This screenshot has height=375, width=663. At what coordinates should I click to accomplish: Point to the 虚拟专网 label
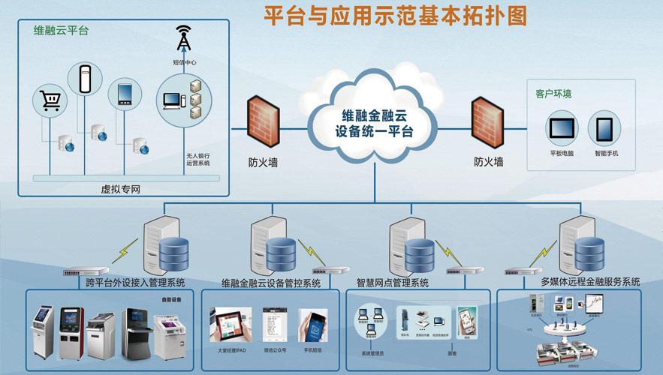[120, 189]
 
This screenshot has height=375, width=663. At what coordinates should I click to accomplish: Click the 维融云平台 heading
[61, 31]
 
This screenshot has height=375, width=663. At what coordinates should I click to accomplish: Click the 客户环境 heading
[553, 94]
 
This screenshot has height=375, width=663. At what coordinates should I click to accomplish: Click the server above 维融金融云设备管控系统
[267, 244]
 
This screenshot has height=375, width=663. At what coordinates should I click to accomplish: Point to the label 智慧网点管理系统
[392, 283]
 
